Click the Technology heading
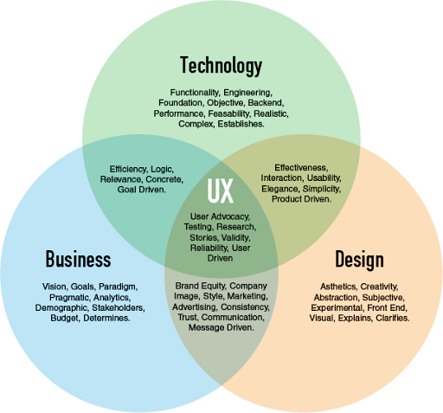pyautogui.click(x=221, y=66)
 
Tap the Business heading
pyautogui.click(x=78, y=259)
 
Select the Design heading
pyautogui.click(x=359, y=260)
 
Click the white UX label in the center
pyautogui.click(x=220, y=190)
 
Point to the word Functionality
pyautogui.click(x=195, y=93)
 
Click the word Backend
pyautogui.click(x=266, y=103)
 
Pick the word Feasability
pyautogui.click(x=229, y=113)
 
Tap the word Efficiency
pyautogui.click(x=128, y=170)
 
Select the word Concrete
pyautogui.click(x=164, y=179)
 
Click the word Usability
pyautogui.click(x=324, y=178)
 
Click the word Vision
pyautogui.click(x=55, y=287)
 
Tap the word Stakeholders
pyautogui.click(x=119, y=308)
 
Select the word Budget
pyautogui.click(x=65, y=318)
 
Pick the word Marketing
pyautogui.click(x=247, y=296)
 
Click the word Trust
pyautogui.click(x=188, y=317)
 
